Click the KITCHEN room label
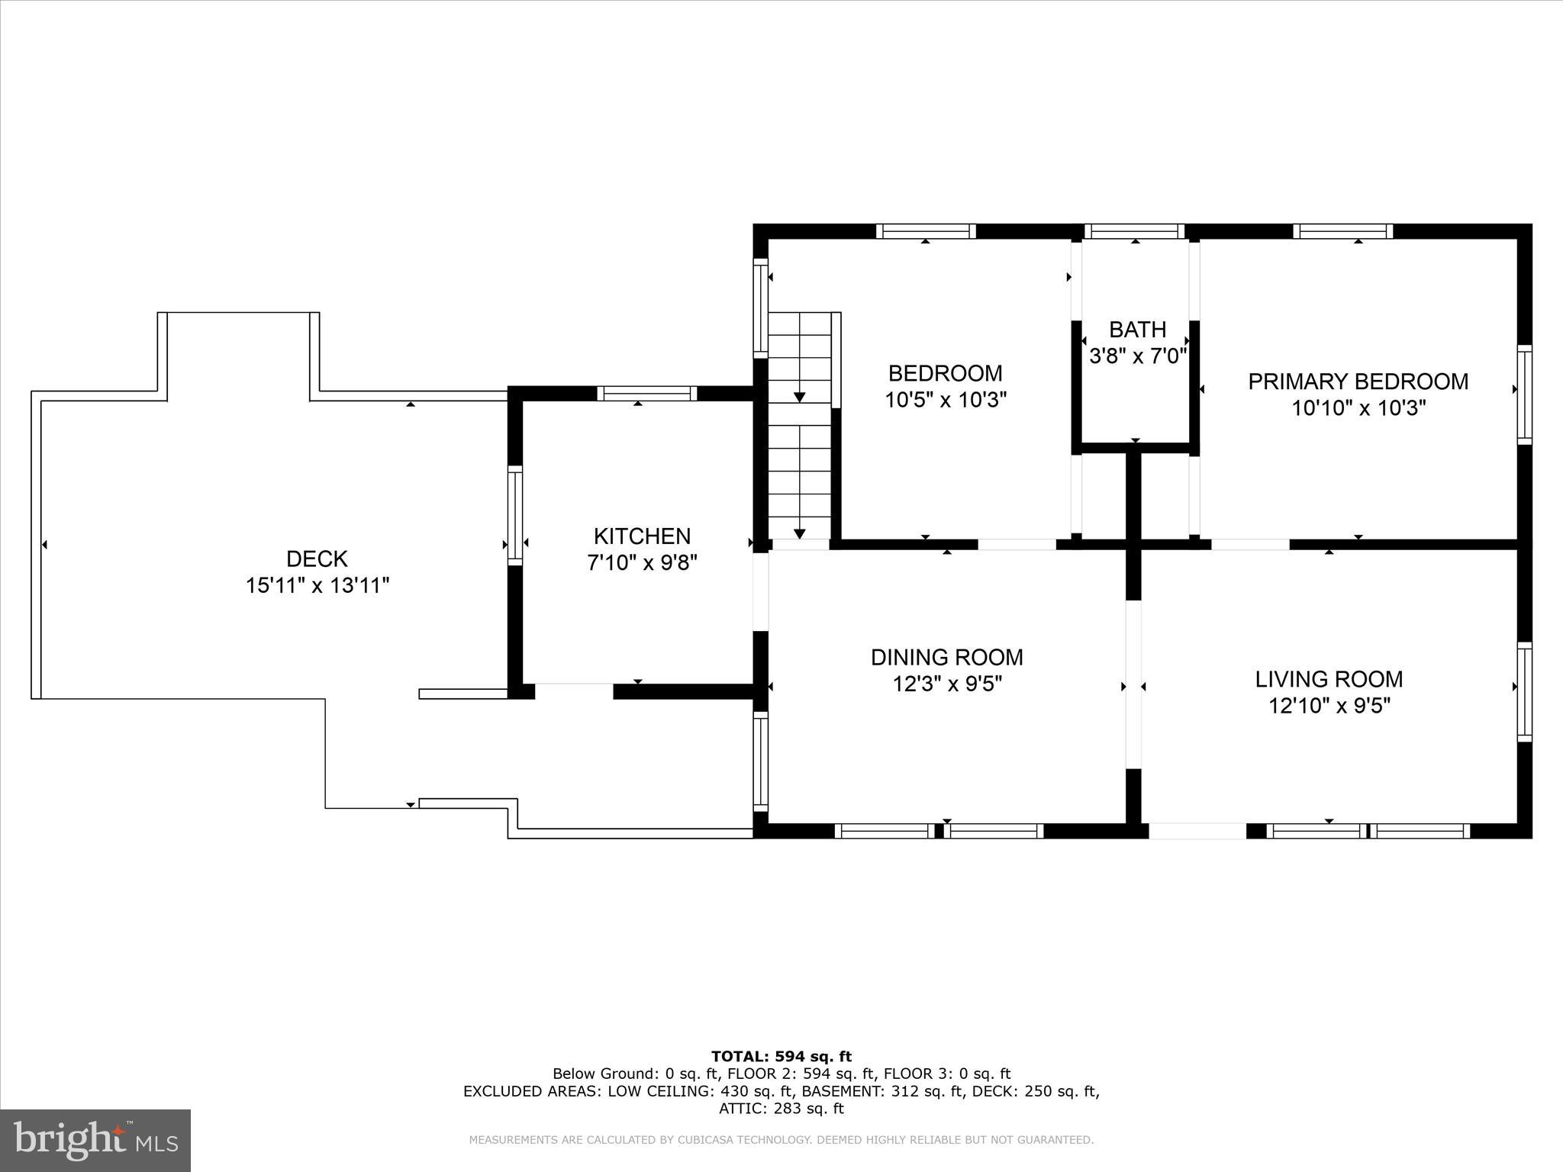click(642, 536)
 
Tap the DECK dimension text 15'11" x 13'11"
click(317, 586)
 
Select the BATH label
click(1137, 330)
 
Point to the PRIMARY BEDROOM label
click(1358, 382)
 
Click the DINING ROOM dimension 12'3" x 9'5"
click(947, 684)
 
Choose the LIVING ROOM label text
click(1329, 679)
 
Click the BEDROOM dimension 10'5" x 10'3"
click(946, 400)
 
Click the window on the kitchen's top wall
click(646, 394)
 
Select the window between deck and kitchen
click(516, 515)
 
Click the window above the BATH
click(1135, 231)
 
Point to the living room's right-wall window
click(1524, 691)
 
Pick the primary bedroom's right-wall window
click(1524, 394)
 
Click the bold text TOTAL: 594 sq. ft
click(781, 1057)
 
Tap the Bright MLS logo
click(95, 1141)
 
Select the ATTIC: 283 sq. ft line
click(781, 1109)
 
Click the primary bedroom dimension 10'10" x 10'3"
click(1358, 408)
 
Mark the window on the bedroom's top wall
click(926, 231)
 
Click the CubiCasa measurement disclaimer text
click(781, 1140)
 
